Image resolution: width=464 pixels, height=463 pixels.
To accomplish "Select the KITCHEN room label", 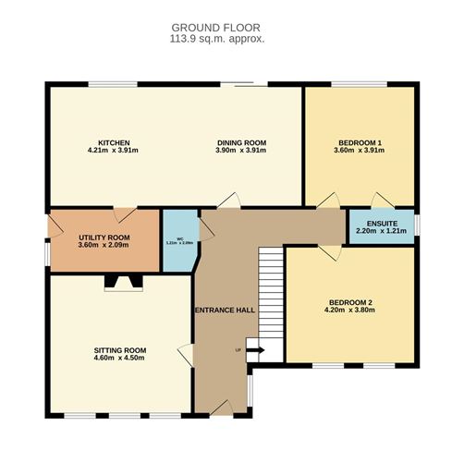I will [x=106, y=142].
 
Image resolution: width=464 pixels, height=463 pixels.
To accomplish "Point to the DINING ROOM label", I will [x=241, y=142].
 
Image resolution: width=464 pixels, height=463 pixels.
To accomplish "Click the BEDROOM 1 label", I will [x=360, y=142].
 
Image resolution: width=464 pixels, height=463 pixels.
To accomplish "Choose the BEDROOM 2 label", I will [x=348, y=303].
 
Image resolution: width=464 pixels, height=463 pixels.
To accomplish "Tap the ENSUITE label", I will [x=380, y=223].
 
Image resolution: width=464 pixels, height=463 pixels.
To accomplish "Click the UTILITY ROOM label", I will [x=104, y=238].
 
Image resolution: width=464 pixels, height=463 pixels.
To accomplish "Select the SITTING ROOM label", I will [x=120, y=350].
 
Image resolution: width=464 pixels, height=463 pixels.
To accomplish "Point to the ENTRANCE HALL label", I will [x=225, y=311].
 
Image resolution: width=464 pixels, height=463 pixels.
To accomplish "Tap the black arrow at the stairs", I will [x=256, y=350].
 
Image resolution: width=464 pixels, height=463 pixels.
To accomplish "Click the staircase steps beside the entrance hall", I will [x=268, y=296].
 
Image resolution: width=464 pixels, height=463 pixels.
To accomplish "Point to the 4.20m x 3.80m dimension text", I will [x=348, y=311].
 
